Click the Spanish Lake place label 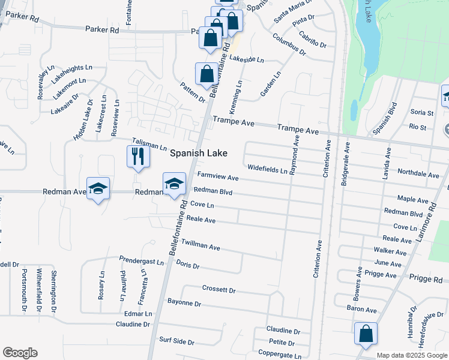point(199,153)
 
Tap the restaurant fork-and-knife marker point(138,157)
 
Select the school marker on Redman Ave point(98,189)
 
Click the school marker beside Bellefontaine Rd point(174,184)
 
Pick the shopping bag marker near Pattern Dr point(206,74)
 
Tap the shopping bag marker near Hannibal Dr point(366,334)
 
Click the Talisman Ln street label point(149,146)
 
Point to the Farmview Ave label point(218,178)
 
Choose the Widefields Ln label point(267,169)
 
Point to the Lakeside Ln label point(247,59)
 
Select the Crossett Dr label point(218,290)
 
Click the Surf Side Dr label point(176,342)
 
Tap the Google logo point(20,353)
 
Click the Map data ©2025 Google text point(412,355)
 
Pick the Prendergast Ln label point(141,262)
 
